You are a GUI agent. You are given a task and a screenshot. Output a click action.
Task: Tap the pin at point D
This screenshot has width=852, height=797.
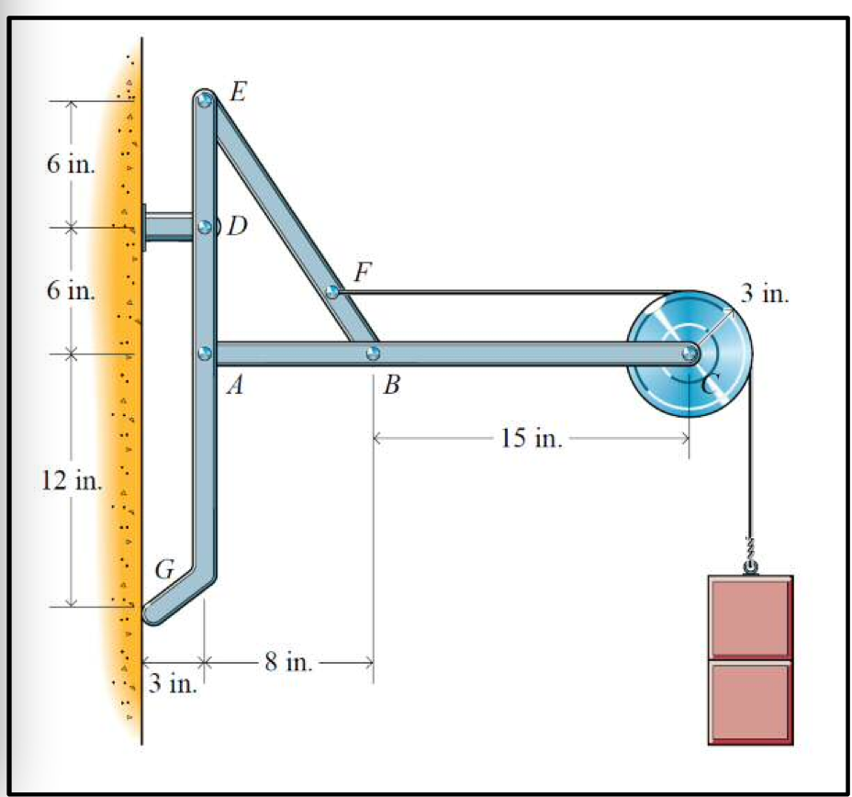(204, 227)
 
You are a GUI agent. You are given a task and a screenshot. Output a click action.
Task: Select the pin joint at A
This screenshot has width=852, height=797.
(205, 353)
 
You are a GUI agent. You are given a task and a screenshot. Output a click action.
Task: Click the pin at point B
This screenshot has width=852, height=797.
(372, 353)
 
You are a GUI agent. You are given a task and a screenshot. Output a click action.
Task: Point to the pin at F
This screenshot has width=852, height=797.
(334, 292)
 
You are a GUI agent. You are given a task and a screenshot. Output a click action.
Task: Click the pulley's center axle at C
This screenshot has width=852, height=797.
(689, 353)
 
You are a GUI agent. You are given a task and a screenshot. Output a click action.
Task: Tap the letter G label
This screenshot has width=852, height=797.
(164, 570)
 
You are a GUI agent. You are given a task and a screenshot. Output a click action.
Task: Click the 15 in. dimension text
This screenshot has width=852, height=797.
(531, 439)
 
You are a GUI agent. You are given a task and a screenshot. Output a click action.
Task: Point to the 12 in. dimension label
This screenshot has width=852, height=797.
(72, 480)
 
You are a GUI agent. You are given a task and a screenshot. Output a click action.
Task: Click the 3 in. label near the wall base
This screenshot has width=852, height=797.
(172, 685)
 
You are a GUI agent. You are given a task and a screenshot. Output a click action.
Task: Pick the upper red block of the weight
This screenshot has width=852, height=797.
(750, 616)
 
